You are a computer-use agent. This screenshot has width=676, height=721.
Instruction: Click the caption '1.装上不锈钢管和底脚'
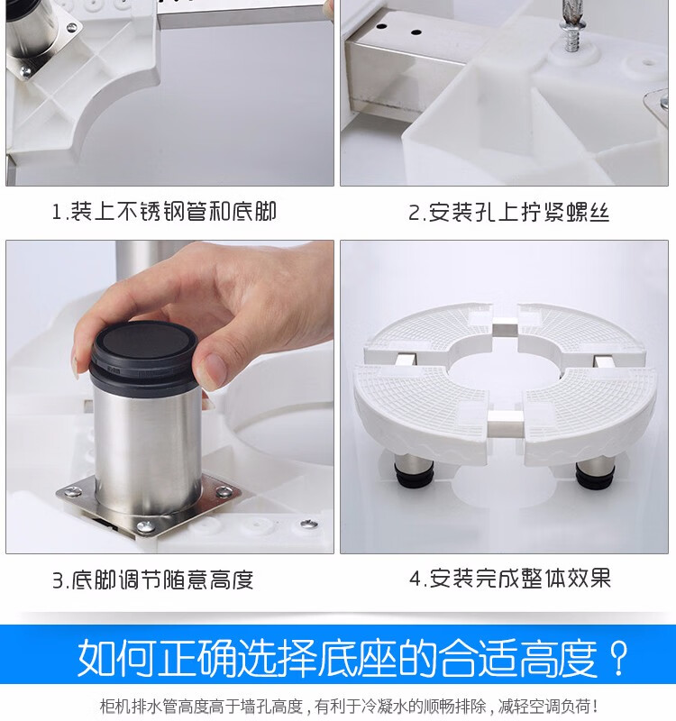(164, 212)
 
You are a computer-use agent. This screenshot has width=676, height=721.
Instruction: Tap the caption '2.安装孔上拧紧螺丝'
(509, 213)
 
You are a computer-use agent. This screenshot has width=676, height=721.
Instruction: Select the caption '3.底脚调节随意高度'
(152, 580)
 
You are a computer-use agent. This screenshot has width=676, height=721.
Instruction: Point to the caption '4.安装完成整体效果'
(510, 578)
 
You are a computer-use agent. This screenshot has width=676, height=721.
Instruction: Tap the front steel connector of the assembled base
(505, 424)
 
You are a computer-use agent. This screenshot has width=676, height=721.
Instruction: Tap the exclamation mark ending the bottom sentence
(596, 706)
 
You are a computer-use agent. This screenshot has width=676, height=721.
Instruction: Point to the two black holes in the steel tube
(398, 29)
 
